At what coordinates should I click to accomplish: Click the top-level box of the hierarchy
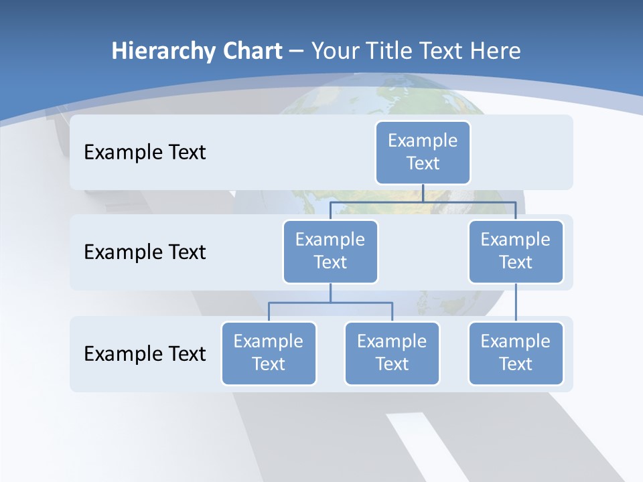(423, 152)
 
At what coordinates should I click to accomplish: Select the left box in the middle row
(330, 251)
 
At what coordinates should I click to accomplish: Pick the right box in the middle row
(516, 251)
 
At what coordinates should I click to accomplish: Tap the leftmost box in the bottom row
(269, 353)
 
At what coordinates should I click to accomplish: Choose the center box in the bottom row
(392, 353)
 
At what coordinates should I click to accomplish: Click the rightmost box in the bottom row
(516, 353)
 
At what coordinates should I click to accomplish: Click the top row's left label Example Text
(145, 152)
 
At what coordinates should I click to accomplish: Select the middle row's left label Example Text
(145, 252)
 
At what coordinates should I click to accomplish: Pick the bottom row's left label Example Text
(145, 353)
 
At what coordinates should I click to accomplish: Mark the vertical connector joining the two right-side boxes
(516, 303)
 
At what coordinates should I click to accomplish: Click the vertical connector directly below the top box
(423, 192)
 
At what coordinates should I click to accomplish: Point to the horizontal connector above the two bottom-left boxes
(330, 303)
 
